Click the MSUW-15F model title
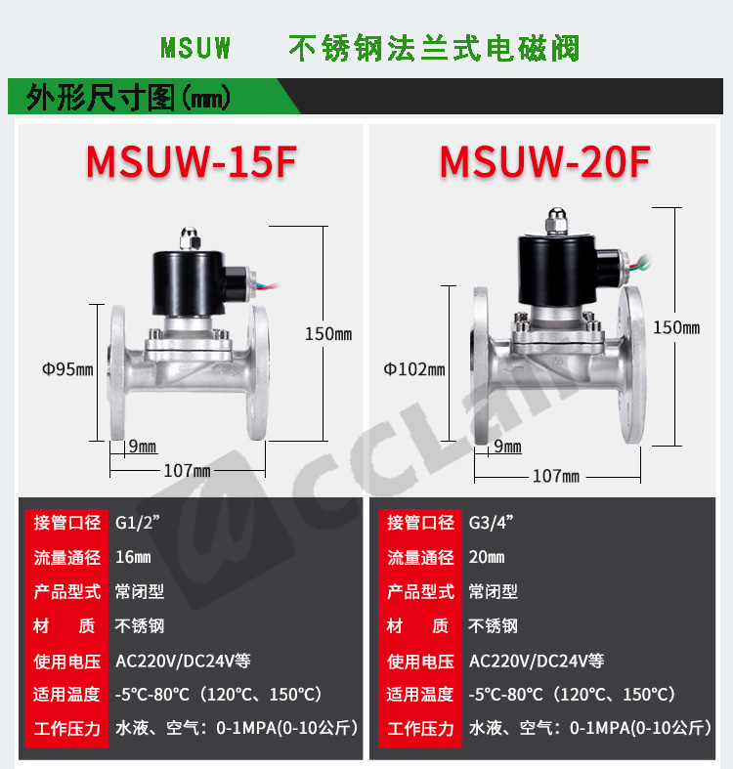[x=192, y=162]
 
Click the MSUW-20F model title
[x=545, y=162]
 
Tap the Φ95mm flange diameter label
[x=67, y=369]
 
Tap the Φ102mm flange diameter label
[x=414, y=369]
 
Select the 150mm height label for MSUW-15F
[x=328, y=334]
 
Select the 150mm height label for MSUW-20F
[x=676, y=327]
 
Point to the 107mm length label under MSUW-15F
[x=187, y=471]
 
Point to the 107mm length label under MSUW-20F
[x=556, y=476]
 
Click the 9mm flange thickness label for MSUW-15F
[x=143, y=447]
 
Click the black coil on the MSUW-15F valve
[x=189, y=283]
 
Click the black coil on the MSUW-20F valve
[x=557, y=270]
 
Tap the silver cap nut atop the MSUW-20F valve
[x=556, y=220]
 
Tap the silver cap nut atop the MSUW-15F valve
[x=190, y=238]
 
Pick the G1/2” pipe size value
[x=138, y=523]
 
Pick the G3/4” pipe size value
[x=491, y=523]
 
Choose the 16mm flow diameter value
[x=133, y=557]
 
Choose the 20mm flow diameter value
[x=486, y=557]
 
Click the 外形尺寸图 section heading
[x=101, y=97]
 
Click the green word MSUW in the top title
[x=195, y=48]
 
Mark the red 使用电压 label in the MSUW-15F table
[x=66, y=662]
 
